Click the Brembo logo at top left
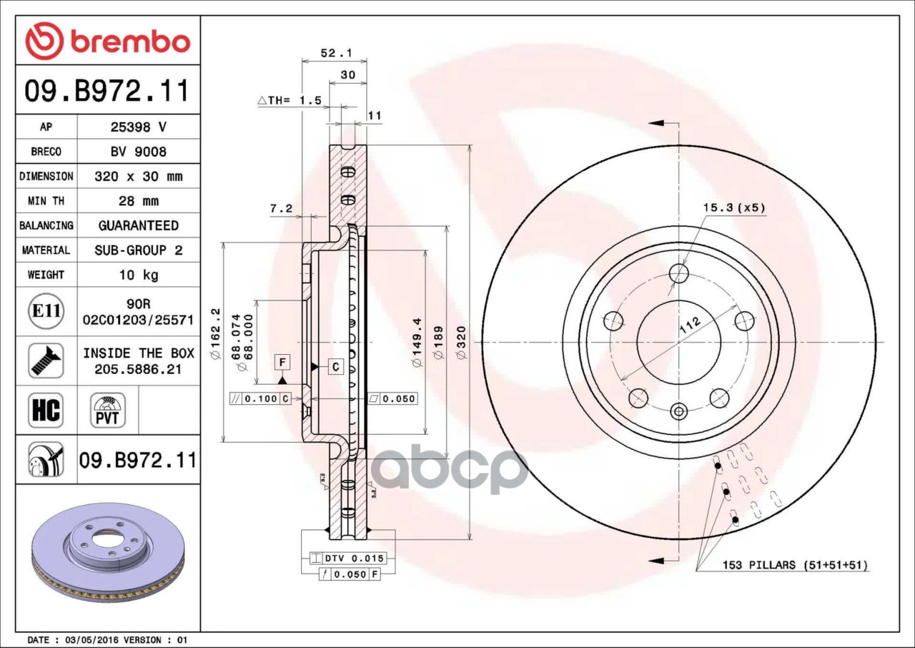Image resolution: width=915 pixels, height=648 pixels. click(x=107, y=41)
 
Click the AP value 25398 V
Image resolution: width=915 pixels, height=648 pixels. click(x=138, y=127)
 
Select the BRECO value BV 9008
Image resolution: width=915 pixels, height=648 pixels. click(x=138, y=152)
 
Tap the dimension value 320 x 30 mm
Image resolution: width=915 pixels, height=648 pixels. click(x=138, y=176)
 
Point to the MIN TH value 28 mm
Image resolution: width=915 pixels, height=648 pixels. click(x=138, y=201)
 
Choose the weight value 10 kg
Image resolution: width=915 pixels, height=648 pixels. click(x=138, y=275)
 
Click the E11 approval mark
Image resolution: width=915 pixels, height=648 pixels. click(x=46, y=311)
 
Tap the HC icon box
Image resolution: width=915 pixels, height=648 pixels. click(x=46, y=411)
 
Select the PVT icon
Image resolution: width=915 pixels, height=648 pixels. click(x=108, y=411)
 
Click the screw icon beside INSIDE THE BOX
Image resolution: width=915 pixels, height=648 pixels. click(x=46, y=360)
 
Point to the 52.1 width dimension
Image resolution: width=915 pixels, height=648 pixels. click(x=334, y=53)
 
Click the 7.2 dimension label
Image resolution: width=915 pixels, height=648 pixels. click(x=280, y=208)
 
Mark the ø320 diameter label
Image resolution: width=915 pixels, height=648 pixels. click(x=461, y=343)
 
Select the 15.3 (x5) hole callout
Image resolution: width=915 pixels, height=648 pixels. click(x=733, y=208)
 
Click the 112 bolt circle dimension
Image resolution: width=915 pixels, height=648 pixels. click(x=690, y=325)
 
